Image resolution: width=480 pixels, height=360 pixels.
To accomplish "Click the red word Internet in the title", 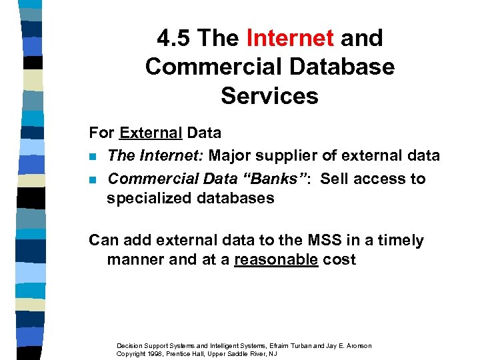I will click(290, 38).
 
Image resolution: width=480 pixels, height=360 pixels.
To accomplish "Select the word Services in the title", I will click(269, 95).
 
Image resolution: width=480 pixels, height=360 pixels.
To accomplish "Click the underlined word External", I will click(151, 133).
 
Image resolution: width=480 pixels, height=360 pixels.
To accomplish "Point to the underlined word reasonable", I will click(276, 259).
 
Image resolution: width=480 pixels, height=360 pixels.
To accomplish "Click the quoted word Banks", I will click(279, 179).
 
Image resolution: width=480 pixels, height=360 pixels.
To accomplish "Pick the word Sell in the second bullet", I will click(335, 179).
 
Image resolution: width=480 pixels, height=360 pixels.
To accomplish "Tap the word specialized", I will click(147, 198).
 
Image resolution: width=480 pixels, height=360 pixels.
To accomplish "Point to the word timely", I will click(401, 240).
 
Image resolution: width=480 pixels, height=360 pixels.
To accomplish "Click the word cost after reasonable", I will click(339, 259).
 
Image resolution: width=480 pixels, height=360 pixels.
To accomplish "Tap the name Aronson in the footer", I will click(355, 345).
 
